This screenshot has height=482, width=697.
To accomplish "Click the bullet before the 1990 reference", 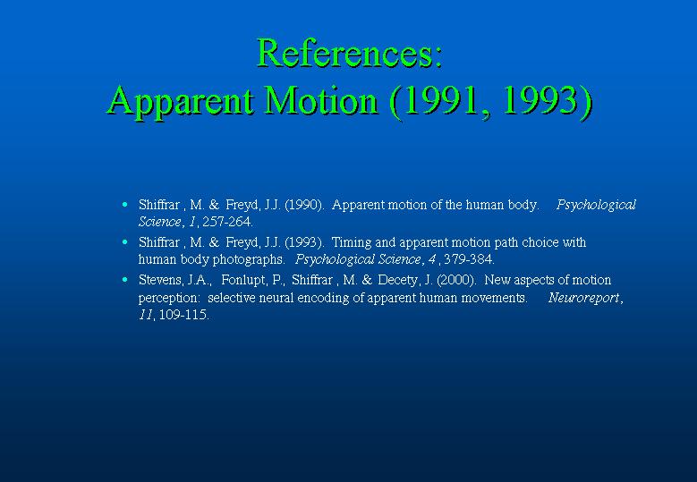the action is click(125, 205).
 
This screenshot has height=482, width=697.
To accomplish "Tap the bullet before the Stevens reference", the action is click(125, 279).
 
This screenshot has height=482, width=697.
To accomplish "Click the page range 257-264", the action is click(227, 222).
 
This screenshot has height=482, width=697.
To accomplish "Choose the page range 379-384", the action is click(468, 259).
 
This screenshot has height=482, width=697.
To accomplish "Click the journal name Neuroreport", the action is click(583, 298).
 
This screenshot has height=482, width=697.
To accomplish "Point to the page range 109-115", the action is click(183, 315).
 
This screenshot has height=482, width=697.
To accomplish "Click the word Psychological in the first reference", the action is click(596, 206).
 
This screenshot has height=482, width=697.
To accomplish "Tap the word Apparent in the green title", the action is click(181, 101).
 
